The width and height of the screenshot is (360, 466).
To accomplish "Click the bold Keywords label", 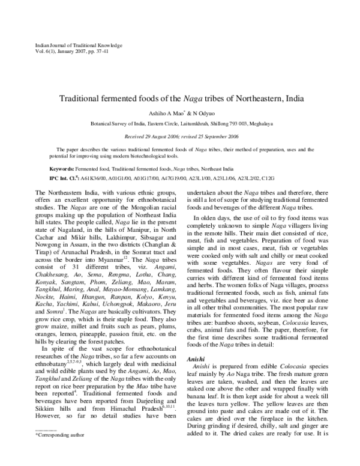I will coord(62,170).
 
